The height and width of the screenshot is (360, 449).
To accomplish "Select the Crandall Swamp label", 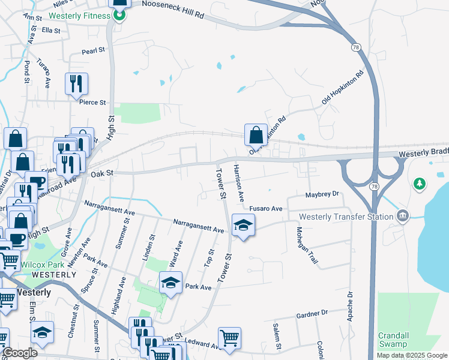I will click(393, 340).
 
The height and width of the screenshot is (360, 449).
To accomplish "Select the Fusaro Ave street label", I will click(266, 208).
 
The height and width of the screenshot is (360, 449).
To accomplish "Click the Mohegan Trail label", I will click(306, 247).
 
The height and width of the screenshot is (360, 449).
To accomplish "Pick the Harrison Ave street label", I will click(239, 183).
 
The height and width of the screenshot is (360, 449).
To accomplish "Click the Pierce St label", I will click(92, 103).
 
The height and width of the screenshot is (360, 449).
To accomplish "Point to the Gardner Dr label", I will click(312, 313).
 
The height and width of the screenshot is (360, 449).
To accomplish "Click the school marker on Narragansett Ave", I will click(243, 226).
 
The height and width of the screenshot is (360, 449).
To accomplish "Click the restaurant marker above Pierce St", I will click(76, 83).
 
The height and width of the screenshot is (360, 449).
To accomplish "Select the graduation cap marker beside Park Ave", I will click(170, 282).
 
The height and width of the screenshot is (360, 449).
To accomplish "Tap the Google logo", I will click(19, 353).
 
